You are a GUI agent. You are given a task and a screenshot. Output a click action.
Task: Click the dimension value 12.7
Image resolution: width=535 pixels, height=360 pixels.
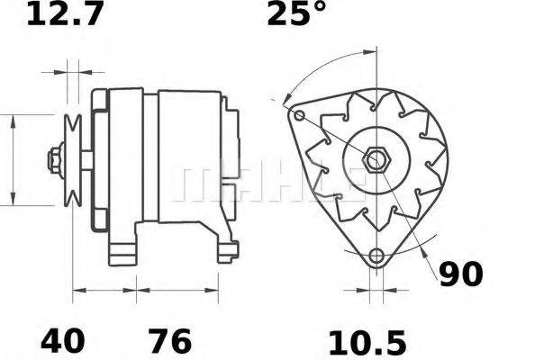click(65, 15)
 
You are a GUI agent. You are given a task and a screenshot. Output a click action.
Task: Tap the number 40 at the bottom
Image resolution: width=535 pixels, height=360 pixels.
click(63, 341)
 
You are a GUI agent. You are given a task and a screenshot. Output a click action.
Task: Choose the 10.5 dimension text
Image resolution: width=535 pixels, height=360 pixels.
click(367, 341)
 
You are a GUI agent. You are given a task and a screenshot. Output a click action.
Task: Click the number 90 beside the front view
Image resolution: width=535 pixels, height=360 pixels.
click(461, 274)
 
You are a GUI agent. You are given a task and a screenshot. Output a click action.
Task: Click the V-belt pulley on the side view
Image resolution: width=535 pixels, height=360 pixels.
click(72, 160)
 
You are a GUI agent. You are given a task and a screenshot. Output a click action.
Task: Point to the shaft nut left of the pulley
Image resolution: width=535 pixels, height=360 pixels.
click(56, 160)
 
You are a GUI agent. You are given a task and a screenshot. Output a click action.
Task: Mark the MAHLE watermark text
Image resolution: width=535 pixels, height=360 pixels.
click(270, 184)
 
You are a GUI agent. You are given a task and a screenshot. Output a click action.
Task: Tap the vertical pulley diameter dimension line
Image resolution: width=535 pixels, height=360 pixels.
click(13, 160)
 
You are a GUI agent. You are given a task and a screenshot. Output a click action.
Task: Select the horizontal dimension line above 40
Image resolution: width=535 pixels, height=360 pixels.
click(104, 291)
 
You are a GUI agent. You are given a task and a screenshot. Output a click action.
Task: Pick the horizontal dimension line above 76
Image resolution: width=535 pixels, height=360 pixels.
click(177, 291)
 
